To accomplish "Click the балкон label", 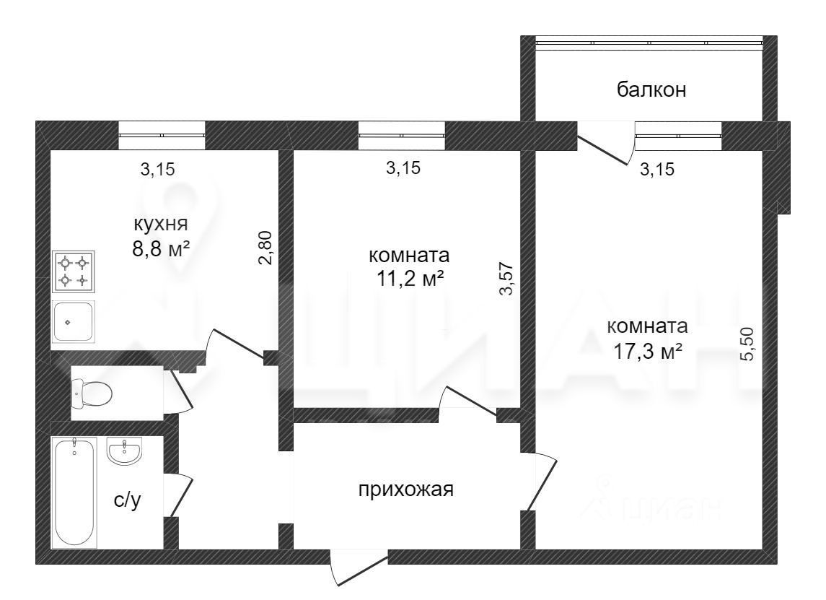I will pyautogui.click(x=651, y=90).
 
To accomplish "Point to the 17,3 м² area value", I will pyautogui.click(x=648, y=352).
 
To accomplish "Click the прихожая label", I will pyautogui.click(x=405, y=490).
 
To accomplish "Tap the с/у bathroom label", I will pyautogui.click(x=127, y=500).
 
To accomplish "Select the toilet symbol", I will pyautogui.click(x=92, y=394).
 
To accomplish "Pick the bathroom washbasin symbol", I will pyautogui.click(x=126, y=452).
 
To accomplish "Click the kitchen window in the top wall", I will pyautogui.click(x=162, y=135).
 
